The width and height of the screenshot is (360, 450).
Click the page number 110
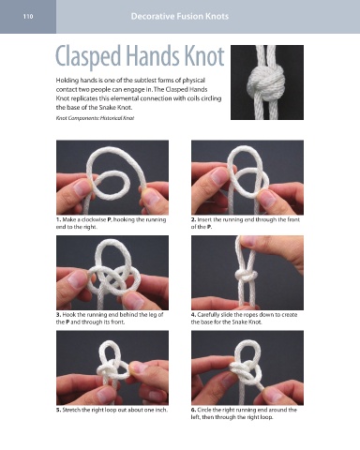coord(28,16)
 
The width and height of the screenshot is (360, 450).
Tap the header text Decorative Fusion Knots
coord(180,16)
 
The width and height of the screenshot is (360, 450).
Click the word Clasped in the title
coord(88,56)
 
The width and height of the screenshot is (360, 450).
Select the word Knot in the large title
coord(204,56)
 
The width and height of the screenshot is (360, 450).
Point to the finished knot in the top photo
coord(266,82)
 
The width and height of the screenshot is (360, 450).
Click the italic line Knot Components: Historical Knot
coord(95,118)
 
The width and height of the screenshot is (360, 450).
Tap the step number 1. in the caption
coord(58,219)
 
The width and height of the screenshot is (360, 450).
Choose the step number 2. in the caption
coord(193,219)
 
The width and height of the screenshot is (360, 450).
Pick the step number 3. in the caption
coord(58,315)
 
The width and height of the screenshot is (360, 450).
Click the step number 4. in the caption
coord(193,315)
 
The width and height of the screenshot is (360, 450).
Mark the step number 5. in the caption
coord(58,410)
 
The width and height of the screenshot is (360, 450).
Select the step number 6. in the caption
coord(193,410)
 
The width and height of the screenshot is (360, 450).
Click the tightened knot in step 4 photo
coord(246,276)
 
